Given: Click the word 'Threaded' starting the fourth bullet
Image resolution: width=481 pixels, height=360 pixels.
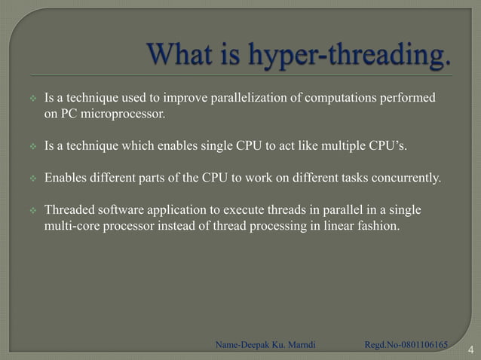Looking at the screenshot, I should (70, 209).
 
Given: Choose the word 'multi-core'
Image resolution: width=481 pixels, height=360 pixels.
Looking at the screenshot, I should (72, 225).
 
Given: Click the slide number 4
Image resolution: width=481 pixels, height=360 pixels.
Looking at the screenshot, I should (470, 349).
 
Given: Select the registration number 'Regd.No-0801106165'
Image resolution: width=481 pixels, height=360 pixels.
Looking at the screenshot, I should (406, 345).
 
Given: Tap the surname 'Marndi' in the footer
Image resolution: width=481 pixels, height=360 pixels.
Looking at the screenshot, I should (298, 345).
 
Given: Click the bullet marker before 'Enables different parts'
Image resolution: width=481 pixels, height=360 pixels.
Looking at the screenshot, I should (33, 178).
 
